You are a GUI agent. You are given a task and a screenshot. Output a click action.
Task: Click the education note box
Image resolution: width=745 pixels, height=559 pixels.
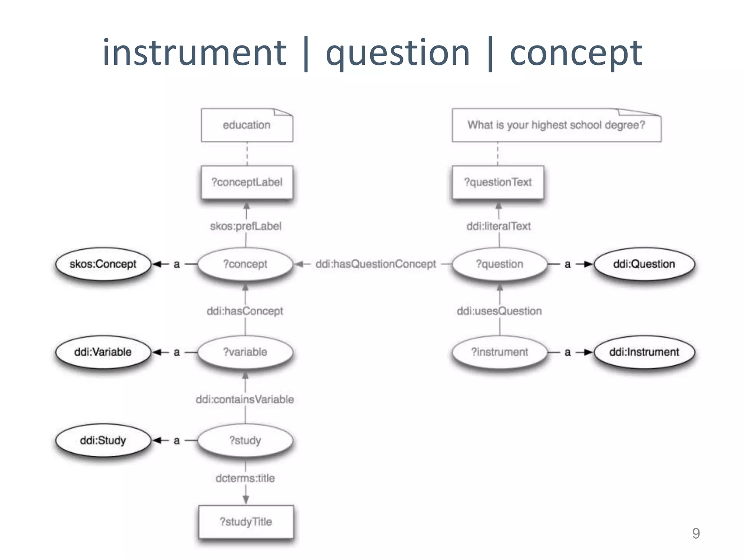tap(247, 125)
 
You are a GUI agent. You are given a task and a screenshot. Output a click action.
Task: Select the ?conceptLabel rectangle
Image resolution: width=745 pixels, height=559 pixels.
tap(247, 182)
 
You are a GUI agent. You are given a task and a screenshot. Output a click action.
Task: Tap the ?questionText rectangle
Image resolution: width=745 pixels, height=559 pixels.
tap(498, 182)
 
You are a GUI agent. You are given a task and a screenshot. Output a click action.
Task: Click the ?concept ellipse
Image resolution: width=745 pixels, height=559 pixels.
tap(245, 264)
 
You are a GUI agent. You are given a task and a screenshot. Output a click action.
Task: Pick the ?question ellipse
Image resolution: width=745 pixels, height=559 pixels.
tap(499, 264)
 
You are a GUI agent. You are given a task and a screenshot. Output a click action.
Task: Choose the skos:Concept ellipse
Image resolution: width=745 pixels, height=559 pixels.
tap(103, 264)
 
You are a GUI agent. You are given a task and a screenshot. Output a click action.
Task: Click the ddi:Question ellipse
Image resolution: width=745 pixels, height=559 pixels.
tap(644, 264)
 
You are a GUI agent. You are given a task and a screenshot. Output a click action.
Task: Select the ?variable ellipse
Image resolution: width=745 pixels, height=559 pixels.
tap(245, 352)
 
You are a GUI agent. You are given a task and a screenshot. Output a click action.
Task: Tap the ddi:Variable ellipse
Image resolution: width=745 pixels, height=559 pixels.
tap(103, 352)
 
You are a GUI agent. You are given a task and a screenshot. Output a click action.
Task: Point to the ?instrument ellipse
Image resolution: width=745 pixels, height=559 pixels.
tap(499, 352)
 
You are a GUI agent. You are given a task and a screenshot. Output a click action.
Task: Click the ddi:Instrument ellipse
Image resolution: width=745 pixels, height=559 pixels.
tap(644, 352)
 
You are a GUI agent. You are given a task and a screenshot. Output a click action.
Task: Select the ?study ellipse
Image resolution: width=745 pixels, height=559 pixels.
tap(245, 440)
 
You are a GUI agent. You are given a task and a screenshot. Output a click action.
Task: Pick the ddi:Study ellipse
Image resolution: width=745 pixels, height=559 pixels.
tap(103, 440)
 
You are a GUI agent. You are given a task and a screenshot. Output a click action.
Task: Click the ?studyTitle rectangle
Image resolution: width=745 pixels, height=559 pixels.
tap(246, 522)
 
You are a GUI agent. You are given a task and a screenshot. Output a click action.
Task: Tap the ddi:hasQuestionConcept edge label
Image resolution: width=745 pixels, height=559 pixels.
tap(375, 264)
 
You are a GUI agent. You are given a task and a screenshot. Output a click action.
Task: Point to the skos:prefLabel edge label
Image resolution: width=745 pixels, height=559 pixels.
tap(246, 226)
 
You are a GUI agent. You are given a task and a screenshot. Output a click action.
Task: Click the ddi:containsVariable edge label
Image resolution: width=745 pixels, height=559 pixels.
tap(245, 399)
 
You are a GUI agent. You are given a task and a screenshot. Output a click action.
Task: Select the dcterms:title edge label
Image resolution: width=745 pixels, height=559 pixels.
tap(245, 478)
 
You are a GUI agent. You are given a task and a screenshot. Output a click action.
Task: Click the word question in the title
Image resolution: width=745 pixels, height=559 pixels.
tap(398, 53)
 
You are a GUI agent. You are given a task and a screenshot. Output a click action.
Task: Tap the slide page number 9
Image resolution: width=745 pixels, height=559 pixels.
tap(696, 533)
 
